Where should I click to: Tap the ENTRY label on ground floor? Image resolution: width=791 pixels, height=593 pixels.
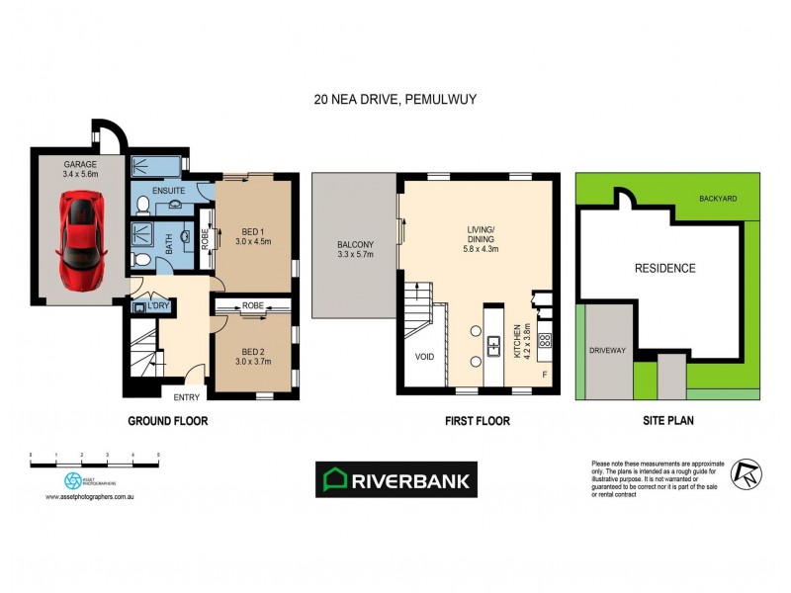186,397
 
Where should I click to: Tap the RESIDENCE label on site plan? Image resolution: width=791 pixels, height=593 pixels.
664,268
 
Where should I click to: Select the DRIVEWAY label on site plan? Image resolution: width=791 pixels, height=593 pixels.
606,349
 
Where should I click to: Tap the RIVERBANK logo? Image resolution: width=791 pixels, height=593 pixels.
395,480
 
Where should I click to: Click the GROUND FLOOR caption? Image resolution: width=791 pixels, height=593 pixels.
168,421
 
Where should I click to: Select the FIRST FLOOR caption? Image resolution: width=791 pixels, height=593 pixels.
478,421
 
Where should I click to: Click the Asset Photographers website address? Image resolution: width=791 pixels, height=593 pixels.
89,497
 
